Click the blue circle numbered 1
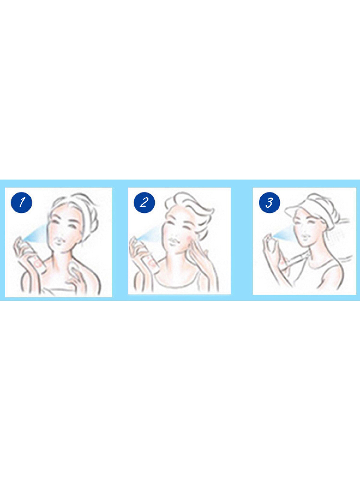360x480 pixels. click(22, 202)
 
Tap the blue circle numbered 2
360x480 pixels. click(144, 202)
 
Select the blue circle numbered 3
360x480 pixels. click(269, 203)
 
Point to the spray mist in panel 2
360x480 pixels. click(151, 234)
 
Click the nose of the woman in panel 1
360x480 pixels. click(62, 233)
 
